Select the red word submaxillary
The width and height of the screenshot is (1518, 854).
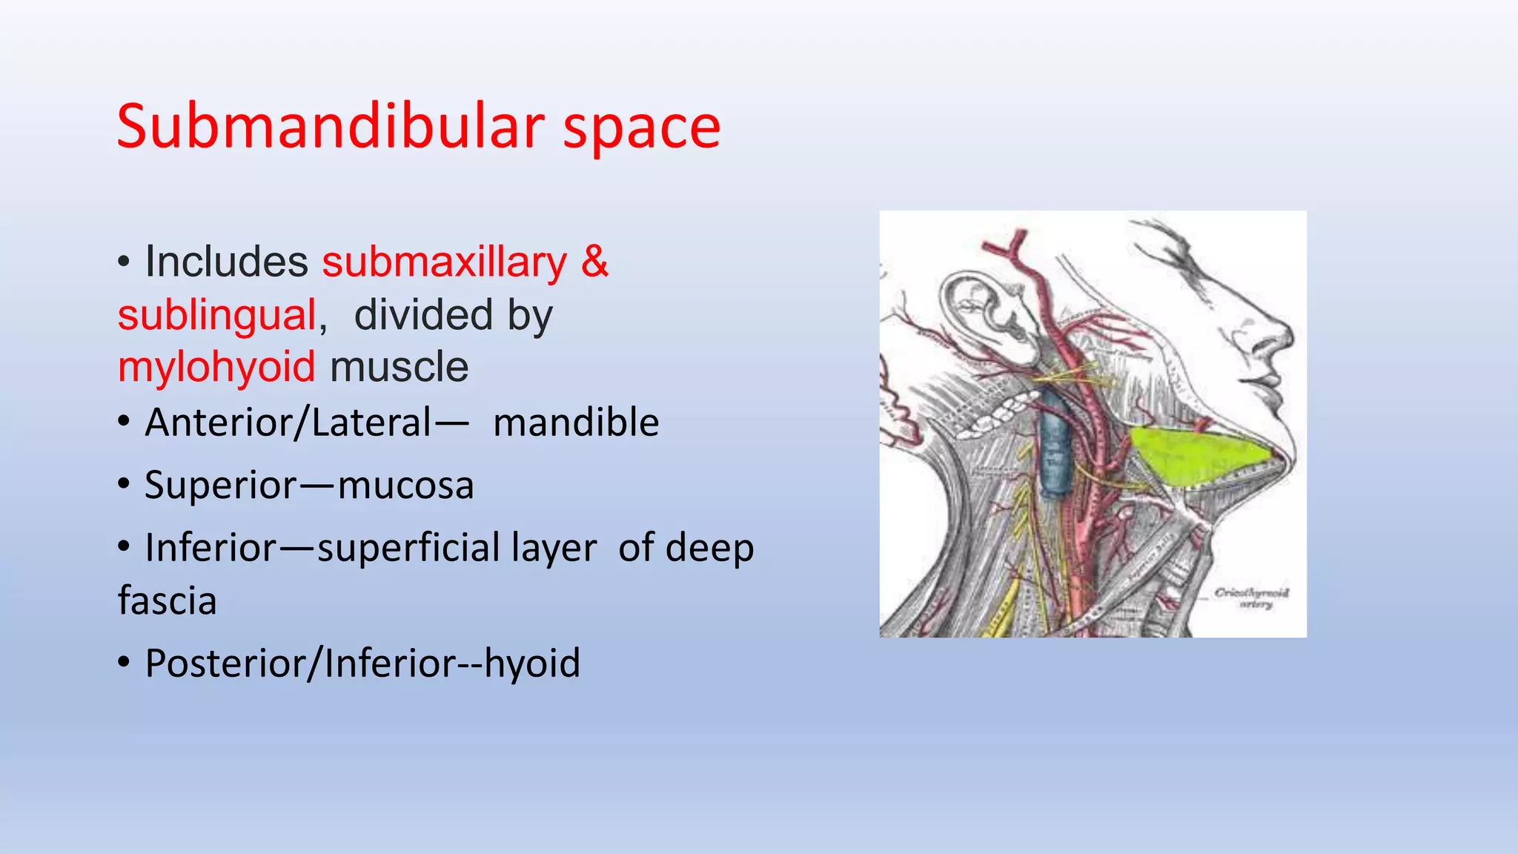(x=444, y=262)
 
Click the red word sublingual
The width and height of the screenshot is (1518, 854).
(x=217, y=315)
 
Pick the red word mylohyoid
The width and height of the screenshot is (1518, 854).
(x=216, y=368)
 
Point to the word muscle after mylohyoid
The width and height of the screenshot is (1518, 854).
(x=399, y=368)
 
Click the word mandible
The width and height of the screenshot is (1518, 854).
(x=576, y=423)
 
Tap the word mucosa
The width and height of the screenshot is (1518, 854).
(x=405, y=486)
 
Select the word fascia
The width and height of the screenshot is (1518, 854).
(x=168, y=600)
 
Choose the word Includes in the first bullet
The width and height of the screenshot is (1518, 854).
(x=226, y=262)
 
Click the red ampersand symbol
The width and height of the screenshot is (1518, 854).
(x=594, y=262)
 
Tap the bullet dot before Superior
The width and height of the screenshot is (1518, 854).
(x=125, y=486)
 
